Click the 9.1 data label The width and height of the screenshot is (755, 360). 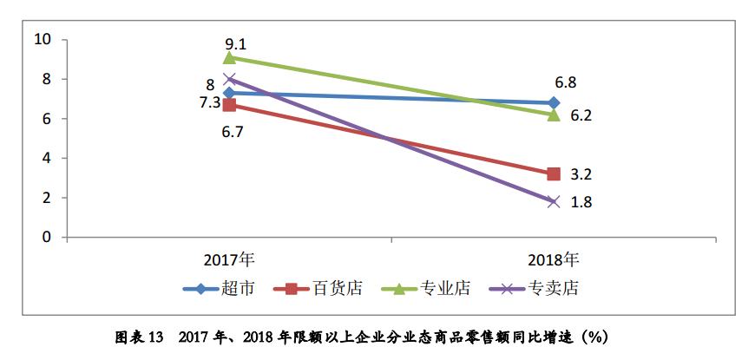click(235, 43)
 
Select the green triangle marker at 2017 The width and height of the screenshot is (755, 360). click(229, 57)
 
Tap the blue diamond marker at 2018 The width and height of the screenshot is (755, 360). click(554, 102)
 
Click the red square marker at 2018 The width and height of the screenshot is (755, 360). click(554, 174)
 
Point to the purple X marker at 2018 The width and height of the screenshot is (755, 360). click(554, 201)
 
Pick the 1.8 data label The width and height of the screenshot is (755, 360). click(581, 202)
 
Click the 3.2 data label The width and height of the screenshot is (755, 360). click(581, 174)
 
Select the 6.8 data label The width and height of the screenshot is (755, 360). click(566, 83)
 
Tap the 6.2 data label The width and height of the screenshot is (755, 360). click(581, 115)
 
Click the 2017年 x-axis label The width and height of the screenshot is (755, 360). click(229, 259)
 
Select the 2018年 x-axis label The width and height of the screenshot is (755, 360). click(553, 259)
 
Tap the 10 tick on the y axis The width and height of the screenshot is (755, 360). click(43, 39)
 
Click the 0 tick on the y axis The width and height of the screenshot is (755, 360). click(47, 237)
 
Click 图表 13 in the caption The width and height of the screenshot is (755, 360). click(140, 337)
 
